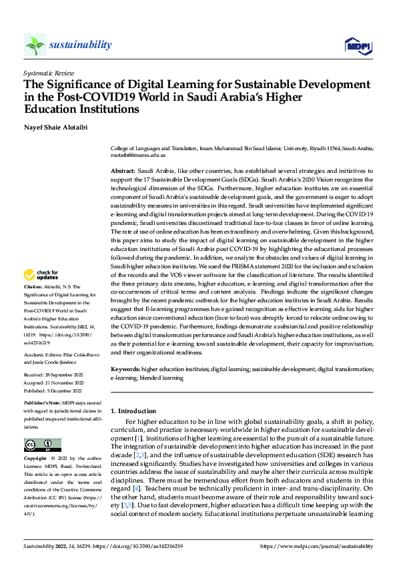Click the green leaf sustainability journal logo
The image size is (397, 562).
point(35,45)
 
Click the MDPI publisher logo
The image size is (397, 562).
point(356,45)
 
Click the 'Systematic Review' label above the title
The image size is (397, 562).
point(49,71)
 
